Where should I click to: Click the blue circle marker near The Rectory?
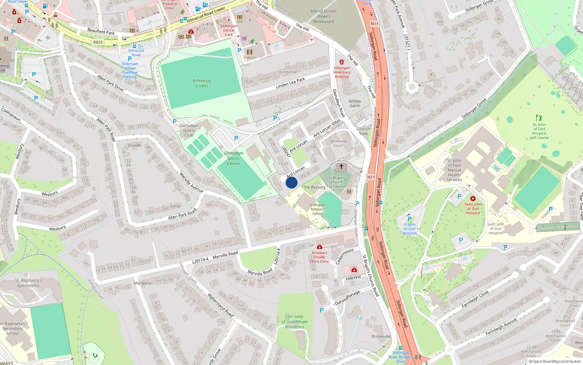[x=291, y=182]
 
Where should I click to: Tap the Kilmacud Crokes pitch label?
[x=202, y=83]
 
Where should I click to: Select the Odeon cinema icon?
[x=250, y=52]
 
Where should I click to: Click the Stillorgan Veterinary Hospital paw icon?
[x=342, y=62]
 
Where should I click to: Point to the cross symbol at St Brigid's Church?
[x=341, y=166]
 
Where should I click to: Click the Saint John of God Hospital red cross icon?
[x=473, y=199]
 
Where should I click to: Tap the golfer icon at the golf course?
[x=539, y=118]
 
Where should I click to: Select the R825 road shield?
[x=98, y=42]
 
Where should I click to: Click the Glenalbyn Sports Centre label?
[x=233, y=158]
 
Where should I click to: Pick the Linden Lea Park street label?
[x=290, y=83]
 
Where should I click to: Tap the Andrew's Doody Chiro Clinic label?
[x=319, y=257]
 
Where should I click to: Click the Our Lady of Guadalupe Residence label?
[x=294, y=322]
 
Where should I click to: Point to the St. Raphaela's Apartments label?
[x=28, y=283]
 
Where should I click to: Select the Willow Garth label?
[x=355, y=104]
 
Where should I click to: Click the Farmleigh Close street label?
[x=475, y=299]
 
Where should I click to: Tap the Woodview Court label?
[x=338, y=143]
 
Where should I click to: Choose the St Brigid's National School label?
[x=317, y=209]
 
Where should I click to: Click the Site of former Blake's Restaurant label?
[x=324, y=16]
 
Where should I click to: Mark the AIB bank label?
[x=239, y=22]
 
